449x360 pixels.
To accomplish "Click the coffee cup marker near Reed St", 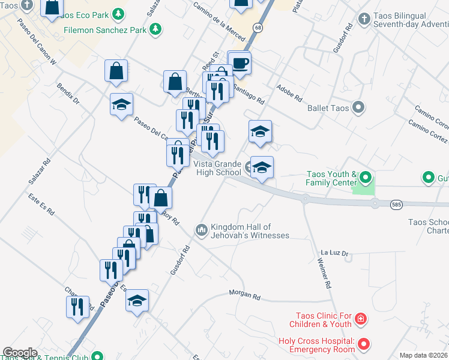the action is click(x=240, y=64).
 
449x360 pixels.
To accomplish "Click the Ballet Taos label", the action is click(x=328, y=108).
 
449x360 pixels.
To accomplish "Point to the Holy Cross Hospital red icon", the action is click(x=363, y=344).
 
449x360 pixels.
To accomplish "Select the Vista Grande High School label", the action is click(x=220, y=169).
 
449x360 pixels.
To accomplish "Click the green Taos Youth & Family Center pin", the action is click(x=366, y=178).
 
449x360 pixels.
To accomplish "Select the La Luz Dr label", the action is click(x=334, y=253).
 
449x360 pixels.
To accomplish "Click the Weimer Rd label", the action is click(x=325, y=274).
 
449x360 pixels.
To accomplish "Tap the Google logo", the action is click(x=20, y=353).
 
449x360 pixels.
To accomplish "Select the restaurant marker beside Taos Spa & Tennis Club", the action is click(x=77, y=306).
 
